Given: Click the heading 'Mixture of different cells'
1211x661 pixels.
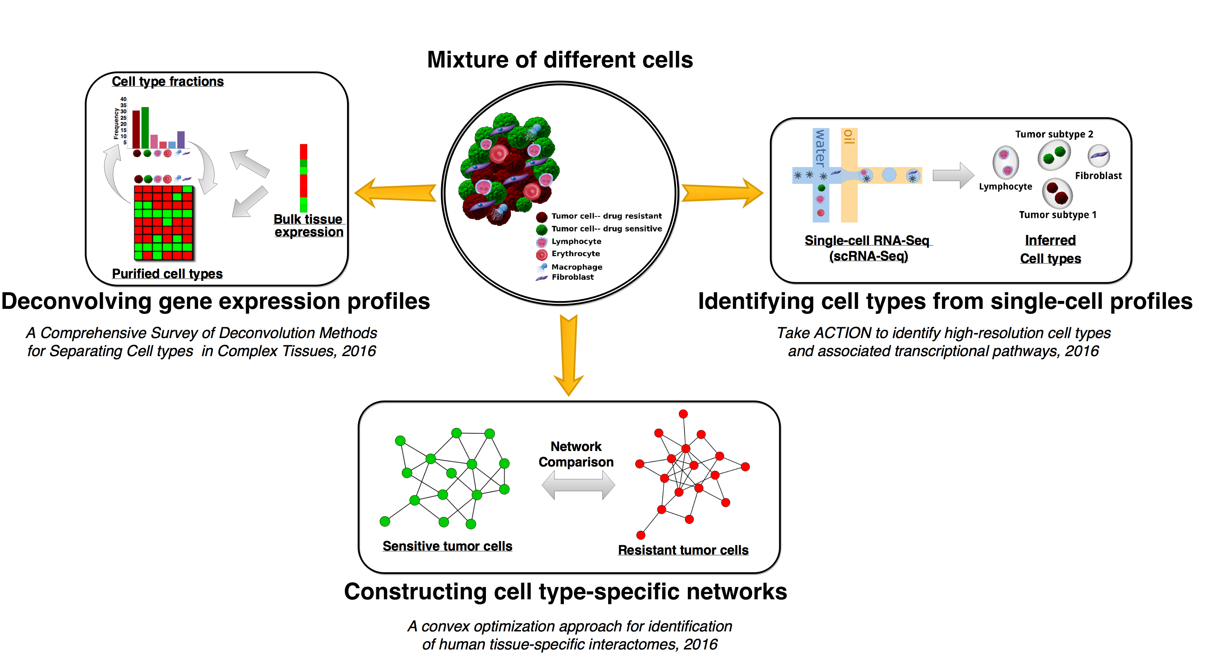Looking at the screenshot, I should coord(560,60).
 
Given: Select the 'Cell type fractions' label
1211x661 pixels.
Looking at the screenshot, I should coord(167,81).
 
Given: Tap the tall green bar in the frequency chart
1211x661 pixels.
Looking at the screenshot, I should coord(145,127).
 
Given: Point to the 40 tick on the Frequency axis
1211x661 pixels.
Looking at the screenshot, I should coord(123,99).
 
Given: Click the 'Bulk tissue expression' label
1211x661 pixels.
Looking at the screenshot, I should coord(308,225).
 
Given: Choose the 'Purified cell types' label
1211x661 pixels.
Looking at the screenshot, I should coord(167,273).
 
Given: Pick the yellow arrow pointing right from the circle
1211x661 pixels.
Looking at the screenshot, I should coord(721,193).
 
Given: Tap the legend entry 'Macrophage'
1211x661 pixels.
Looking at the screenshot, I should coord(576,267).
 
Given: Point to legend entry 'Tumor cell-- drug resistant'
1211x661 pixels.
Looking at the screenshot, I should coord(606,216).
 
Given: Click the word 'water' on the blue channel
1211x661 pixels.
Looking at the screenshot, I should coord(820,148).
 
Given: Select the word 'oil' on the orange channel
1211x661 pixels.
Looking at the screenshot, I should coord(848,137).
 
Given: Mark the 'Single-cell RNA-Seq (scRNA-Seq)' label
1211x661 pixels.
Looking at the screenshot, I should coord(868,248).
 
